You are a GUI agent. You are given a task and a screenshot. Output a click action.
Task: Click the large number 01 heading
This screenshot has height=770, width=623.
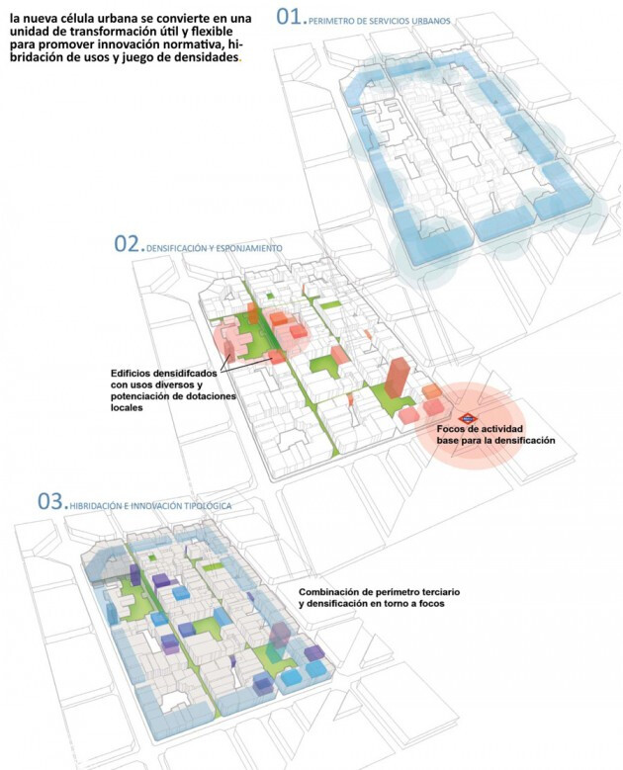click(289, 16)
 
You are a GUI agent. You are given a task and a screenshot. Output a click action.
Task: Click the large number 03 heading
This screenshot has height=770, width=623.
click(50, 501)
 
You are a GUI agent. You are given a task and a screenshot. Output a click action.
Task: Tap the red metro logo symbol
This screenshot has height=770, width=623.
click(468, 419)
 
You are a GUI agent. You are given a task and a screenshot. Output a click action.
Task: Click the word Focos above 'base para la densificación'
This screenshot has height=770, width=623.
click(452, 429)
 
